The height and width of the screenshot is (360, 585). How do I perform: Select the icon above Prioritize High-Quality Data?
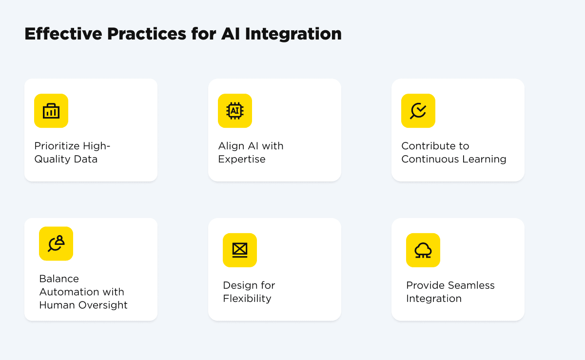(x=51, y=111)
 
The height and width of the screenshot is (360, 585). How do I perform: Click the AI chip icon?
(x=235, y=111)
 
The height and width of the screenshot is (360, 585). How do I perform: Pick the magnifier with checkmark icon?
(x=418, y=111)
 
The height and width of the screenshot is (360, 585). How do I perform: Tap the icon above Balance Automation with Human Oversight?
(x=56, y=243)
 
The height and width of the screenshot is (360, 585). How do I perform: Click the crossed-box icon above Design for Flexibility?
(x=240, y=250)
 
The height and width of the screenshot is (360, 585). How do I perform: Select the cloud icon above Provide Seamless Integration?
(x=423, y=250)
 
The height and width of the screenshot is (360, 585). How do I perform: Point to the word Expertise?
(x=242, y=159)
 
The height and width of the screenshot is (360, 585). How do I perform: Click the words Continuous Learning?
(x=453, y=159)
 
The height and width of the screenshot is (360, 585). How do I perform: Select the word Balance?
(x=59, y=279)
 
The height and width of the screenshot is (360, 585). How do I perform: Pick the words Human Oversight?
(x=83, y=305)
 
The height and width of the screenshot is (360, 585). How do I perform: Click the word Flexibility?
(x=247, y=299)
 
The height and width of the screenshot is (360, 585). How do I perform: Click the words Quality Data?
(x=66, y=159)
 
